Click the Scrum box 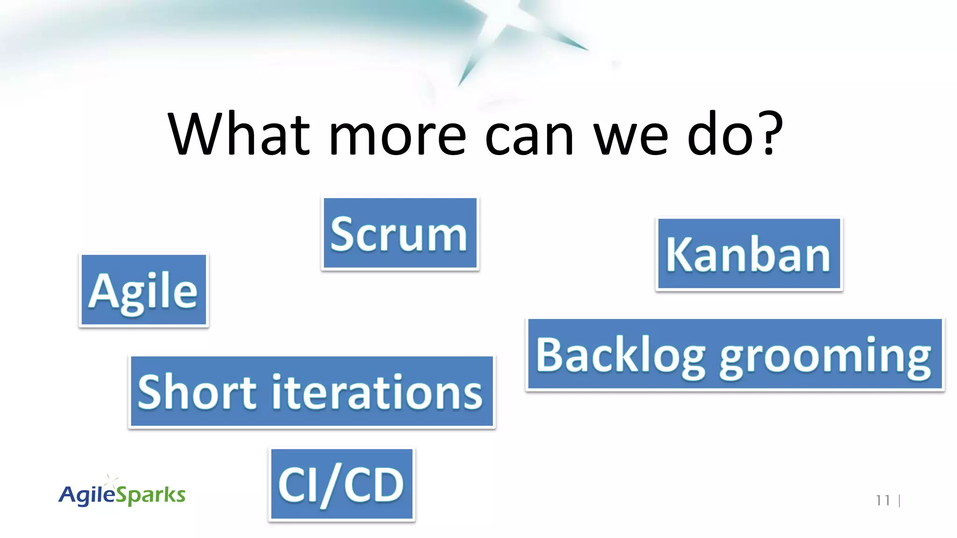tap(400, 234)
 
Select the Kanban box tap(749, 254)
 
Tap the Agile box tap(143, 290)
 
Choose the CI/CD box tap(342, 485)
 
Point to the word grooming tap(825, 357)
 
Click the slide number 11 tap(883, 501)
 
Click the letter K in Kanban tap(677, 255)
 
